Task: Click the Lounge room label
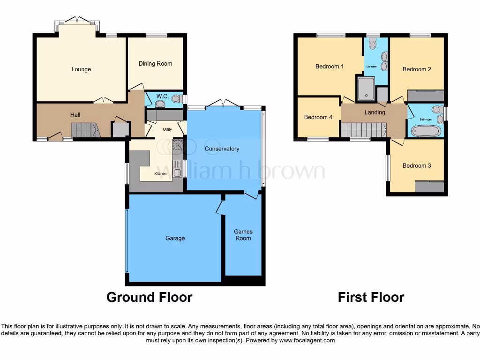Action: [81, 69]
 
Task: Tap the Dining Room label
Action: [155, 64]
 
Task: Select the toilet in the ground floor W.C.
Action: [177, 99]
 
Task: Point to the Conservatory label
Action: [222, 149]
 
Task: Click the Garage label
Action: [175, 238]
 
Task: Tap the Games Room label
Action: [243, 235]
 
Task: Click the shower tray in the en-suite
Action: [366, 90]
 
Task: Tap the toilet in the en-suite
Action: [373, 45]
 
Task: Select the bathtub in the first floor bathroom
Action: [426, 130]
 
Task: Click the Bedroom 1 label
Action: [330, 67]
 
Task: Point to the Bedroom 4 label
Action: [318, 117]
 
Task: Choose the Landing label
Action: [375, 112]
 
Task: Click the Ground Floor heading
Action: [149, 297]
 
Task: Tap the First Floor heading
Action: [371, 297]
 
